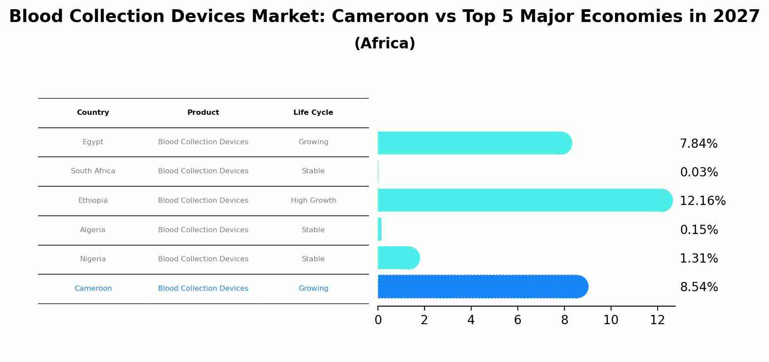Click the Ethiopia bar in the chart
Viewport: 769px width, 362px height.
pos(524,200)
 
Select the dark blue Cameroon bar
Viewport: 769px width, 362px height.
pos(482,287)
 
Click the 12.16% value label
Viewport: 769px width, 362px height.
pos(703,201)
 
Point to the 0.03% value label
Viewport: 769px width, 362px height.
pos(699,172)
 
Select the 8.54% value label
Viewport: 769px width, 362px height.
pos(699,287)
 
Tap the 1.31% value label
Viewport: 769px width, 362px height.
pos(699,259)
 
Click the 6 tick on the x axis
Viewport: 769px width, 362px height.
pos(517,320)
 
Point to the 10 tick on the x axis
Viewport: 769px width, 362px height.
pos(611,320)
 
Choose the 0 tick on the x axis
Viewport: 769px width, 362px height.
pos(378,320)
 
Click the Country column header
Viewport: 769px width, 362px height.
pos(93,113)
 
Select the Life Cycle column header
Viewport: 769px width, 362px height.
pos(313,113)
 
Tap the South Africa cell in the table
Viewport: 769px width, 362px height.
pos(93,171)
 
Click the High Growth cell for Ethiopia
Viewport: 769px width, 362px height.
pos(313,201)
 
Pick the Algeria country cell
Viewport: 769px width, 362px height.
pos(93,230)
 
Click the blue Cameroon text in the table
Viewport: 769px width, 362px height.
pos(93,289)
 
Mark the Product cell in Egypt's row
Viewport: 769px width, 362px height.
pos(203,142)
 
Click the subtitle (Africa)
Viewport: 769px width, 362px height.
pos(384,44)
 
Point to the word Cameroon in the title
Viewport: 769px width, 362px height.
pos(380,17)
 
